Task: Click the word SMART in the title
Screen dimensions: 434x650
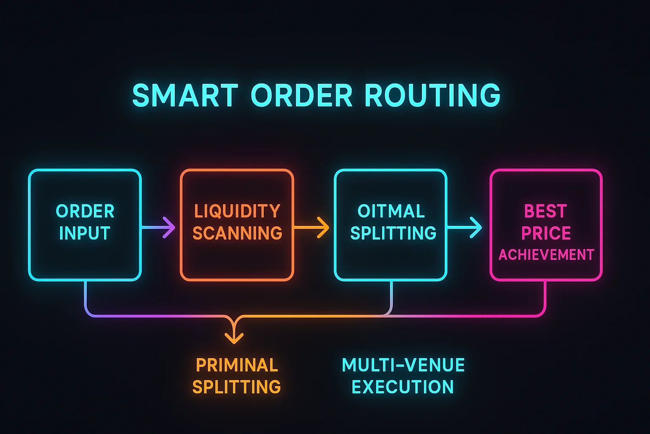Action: [185, 95]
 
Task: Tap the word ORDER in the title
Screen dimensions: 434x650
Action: [302, 95]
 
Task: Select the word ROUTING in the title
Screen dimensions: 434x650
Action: [432, 95]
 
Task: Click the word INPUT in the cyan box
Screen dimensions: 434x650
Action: [85, 233]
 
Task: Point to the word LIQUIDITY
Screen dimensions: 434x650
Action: [237, 211]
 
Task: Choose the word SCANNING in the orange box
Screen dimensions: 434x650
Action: [237, 233]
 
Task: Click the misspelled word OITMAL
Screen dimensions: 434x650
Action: [391, 211]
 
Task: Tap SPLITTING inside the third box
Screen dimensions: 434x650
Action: [393, 233]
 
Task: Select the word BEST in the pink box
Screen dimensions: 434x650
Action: [545, 211]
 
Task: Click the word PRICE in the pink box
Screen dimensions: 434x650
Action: [546, 233]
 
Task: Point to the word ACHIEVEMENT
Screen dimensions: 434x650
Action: [546, 255]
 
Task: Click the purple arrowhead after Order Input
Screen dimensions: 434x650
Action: [170, 228]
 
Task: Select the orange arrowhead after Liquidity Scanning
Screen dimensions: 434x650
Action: [324, 228]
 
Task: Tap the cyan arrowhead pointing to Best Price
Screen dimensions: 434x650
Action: [477, 228]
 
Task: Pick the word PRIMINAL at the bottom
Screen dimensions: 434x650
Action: [237, 365]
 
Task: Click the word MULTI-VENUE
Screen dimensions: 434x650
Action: [403, 365]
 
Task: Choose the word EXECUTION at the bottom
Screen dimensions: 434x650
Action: [402, 387]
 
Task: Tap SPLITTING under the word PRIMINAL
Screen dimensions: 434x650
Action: [237, 387]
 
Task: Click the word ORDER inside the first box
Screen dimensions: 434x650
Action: [85, 211]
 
